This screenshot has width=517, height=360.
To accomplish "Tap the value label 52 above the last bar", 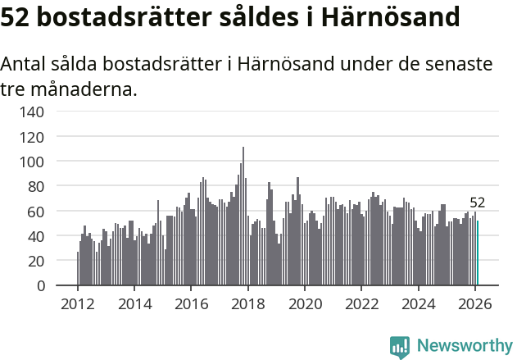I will pyautogui.click(x=478, y=203).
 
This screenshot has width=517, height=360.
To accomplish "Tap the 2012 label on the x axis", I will pyautogui.click(x=78, y=303).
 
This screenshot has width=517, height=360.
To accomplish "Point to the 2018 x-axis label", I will pyautogui.click(x=248, y=303).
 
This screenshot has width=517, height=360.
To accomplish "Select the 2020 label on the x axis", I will pyautogui.click(x=305, y=303).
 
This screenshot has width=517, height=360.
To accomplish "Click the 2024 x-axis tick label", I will pyautogui.click(x=419, y=303).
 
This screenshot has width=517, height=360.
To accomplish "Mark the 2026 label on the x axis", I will pyautogui.click(x=475, y=303).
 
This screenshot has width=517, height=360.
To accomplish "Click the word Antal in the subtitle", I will pyautogui.click(x=25, y=64).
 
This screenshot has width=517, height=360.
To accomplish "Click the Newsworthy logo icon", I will pyautogui.click(x=400, y=347).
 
